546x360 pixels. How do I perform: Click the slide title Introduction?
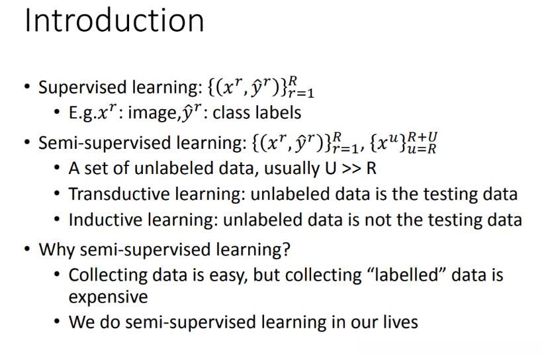point(114,21)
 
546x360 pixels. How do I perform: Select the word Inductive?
point(105,220)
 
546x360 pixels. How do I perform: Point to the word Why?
point(56,250)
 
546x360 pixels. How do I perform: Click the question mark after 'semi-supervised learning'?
point(286,249)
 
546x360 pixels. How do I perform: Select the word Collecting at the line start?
point(108,275)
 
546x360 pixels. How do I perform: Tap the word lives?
point(400,322)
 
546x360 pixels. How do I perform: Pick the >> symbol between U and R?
point(351,169)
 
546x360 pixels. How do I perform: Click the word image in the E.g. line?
point(152,113)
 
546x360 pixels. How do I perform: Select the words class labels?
point(257,112)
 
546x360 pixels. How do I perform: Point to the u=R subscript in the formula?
point(422,149)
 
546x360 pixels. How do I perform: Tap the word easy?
point(228,276)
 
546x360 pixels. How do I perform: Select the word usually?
point(292,169)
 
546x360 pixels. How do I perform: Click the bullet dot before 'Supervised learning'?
point(28,86)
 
